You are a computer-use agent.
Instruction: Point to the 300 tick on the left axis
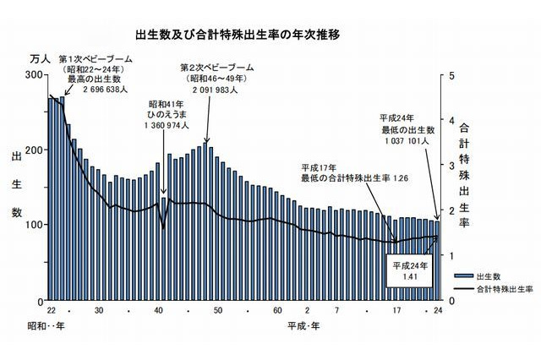tap(35, 75)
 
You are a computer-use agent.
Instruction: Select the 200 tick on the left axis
tap(35, 150)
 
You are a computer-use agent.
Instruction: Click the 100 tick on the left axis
tap(35, 226)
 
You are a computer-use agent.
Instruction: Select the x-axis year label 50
tap(217, 311)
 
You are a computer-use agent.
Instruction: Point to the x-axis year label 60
tap(277, 311)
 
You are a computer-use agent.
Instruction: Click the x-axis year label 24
tap(438, 311)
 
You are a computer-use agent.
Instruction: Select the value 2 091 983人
tap(211, 86)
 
